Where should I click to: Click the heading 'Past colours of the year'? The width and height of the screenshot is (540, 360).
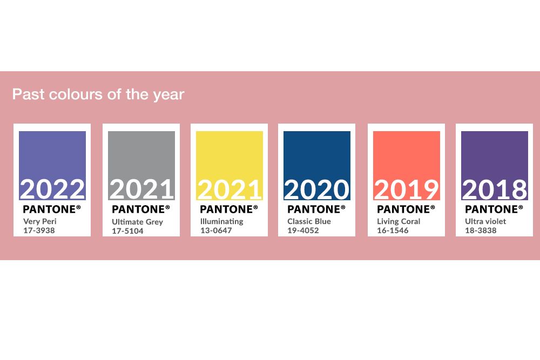[x=98, y=94]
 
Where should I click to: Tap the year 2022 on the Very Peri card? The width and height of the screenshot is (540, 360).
[x=52, y=189]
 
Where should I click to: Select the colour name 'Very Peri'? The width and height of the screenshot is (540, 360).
[x=40, y=221]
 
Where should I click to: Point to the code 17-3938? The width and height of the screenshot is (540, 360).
[x=39, y=230]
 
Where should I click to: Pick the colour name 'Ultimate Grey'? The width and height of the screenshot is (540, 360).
[x=137, y=222]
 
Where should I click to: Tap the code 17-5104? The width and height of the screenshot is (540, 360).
[x=127, y=231]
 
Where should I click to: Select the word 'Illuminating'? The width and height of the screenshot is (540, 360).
[x=222, y=221]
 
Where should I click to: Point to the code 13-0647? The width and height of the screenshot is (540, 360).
[x=216, y=230]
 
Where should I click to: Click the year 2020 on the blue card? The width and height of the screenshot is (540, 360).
[x=317, y=189]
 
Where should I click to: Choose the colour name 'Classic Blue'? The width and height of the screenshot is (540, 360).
[x=309, y=221]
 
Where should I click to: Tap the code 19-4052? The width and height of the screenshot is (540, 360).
[x=303, y=230]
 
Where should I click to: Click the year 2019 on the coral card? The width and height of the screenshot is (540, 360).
[x=407, y=189]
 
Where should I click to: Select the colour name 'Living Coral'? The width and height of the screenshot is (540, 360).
[x=399, y=221]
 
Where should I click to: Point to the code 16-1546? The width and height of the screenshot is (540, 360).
[x=393, y=230]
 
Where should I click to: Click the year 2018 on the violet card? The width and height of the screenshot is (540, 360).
[x=495, y=189]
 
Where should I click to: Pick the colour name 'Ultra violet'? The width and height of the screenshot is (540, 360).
[x=485, y=221]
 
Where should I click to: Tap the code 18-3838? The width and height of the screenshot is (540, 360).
[x=481, y=230]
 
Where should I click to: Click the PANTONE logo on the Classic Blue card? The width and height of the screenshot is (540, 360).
[x=316, y=209]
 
